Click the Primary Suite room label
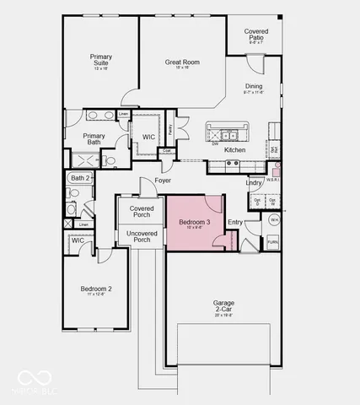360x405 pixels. (101, 60)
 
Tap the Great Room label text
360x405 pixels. (181, 62)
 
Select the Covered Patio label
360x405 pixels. (256, 35)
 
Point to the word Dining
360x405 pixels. (254, 86)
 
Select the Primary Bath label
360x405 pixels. (94, 139)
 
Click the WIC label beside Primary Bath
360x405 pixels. (148, 137)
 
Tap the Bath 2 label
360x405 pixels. (79, 178)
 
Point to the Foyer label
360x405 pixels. (163, 180)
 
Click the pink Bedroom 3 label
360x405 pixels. (194, 222)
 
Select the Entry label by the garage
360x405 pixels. (235, 222)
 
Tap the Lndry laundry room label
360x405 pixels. (254, 182)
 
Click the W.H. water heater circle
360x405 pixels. (273, 219)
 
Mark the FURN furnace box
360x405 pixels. (272, 241)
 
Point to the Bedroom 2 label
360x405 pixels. (96, 289)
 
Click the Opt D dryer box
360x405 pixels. (255, 202)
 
